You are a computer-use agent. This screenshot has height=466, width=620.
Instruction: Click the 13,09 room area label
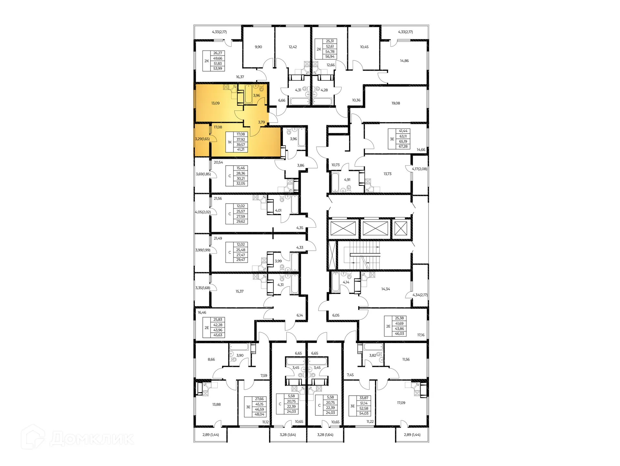tap(215, 103)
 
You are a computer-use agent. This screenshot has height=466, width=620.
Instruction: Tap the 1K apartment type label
tap(230, 142)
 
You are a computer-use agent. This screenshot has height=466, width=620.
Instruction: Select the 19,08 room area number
tap(396, 103)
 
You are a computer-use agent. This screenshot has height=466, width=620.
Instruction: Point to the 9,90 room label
tap(258, 47)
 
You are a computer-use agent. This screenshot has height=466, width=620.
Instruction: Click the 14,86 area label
tap(404, 61)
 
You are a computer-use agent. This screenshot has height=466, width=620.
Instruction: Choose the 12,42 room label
tap(293, 47)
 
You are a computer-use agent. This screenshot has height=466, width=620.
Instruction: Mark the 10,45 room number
tap(364, 47)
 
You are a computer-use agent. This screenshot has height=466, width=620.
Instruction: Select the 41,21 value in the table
tap(241, 150)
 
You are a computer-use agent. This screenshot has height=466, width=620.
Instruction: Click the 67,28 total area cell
tap(403, 147)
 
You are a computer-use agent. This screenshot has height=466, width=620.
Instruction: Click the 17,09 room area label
tap(401, 403)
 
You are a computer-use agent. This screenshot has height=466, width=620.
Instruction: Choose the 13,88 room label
tap(216, 404)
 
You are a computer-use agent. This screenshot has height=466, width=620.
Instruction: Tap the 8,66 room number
tap(211, 359)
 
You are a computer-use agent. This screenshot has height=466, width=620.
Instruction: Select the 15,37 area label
tap(240, 291)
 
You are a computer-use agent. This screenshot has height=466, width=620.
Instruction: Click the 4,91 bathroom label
tap(347, 180)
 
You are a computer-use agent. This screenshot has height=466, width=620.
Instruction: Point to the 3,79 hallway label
tap(262, 122)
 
